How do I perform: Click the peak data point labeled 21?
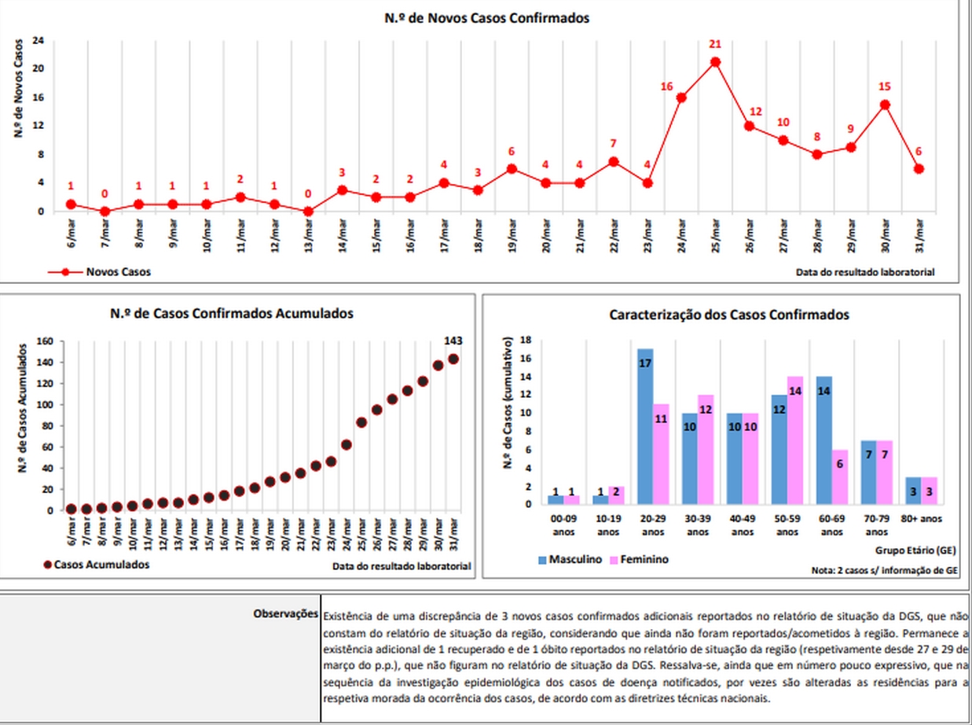tap(715, 62)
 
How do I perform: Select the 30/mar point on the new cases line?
tap(886, 105)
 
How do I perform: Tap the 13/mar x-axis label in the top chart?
tap(308, 235)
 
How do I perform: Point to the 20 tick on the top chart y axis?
tap(38, 68)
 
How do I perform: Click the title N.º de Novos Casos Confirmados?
tap(486, 18)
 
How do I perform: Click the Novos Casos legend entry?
tap(99, 271)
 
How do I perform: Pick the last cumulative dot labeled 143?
tap(453, 359)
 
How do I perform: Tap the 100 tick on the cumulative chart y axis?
tap(46, 405)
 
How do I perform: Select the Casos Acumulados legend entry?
tap(97, 565)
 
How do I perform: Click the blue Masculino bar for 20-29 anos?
tap(645, 426)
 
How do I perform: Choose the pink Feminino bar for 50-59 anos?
tap(795, 440)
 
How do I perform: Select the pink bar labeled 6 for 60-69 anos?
tap(840, 477)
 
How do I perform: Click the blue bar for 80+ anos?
tap(913, 491)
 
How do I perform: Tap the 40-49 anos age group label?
tap(743, 525)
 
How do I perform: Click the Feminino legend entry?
tap(640, 560)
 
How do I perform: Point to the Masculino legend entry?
tap(570, 560)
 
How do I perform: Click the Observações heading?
tap(285, 614)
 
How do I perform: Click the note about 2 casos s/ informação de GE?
tap(884, 570)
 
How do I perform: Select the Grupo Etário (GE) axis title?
tap(915, 550)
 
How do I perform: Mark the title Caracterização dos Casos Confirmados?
tap(729, 315)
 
